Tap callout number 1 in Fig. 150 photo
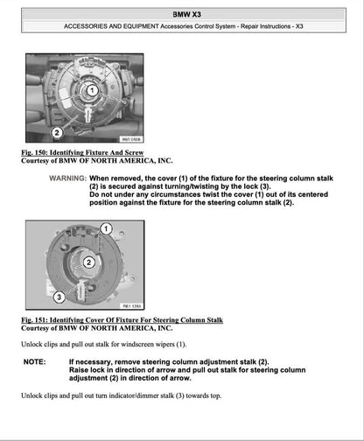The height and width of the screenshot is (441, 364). [x=92, y=91]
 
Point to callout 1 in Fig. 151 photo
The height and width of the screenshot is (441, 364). [x=106, y=229]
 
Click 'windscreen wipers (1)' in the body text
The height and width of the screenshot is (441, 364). [x=155, y=345]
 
